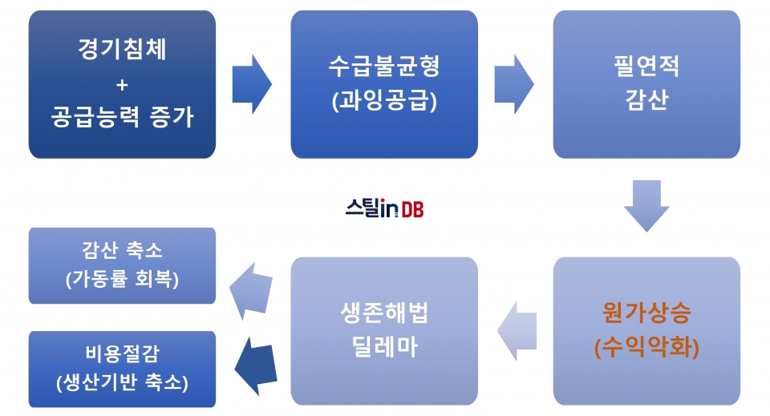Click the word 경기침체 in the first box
[x=122, y=49]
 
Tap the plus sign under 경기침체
[x=122, y=85]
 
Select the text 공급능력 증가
[x=122, y=117]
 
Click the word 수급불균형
[x=384, y=67]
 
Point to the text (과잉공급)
[x=384, y=101]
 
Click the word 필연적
[x=646, y=67]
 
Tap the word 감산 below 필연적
[x=646, y=99]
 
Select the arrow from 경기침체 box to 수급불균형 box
[x=251, y=84]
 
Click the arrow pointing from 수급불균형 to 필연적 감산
[x=513, y=84]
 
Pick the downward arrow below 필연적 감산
[x=646, y=206]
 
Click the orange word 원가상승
[x=646, y=313]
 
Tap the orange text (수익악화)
[x=646, y=347]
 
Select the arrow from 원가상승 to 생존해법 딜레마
[x=517, y=331]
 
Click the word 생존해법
[x=384, y=313]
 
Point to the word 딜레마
[x=384, y=347]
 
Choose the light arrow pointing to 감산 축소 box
[x=251, y=291]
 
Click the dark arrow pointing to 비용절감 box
[x=255, y=366]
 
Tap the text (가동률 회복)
[x=122, y=279]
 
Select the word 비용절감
[x=122, y=353]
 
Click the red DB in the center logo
[x=412, y=209]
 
